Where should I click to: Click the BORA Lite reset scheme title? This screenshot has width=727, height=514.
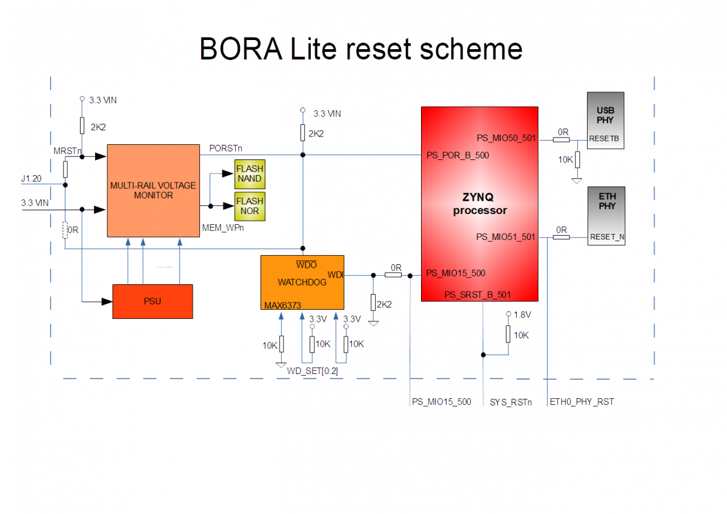(361, 49)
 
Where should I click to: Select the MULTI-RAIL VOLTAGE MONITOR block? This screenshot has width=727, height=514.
(153, 190)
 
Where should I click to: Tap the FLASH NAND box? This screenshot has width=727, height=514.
(250, 174)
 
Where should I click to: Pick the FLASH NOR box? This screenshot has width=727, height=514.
(250, 206)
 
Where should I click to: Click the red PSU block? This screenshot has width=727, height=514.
(153, 301)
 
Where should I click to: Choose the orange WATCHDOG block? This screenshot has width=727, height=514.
(302, 282)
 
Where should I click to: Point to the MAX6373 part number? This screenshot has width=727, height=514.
(283, 305)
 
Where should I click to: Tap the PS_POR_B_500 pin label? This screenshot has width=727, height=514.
(458, 156)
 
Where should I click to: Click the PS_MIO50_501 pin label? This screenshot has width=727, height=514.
(506, 138)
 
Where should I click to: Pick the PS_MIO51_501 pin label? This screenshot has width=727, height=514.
(506, 237)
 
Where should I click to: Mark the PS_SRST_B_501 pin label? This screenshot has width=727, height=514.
(477, 295)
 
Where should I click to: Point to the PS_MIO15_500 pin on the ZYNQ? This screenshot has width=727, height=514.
(456, 273)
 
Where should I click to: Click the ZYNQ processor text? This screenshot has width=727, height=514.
(480, 204)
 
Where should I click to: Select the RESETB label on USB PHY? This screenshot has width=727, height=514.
(604, 139)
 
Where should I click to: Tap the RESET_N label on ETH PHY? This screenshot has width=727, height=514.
(606, 237)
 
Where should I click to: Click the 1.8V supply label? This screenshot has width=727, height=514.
(522, 315)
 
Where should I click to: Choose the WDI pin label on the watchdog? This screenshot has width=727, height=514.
(335, 275)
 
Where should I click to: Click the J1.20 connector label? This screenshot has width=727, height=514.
(32, 179)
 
